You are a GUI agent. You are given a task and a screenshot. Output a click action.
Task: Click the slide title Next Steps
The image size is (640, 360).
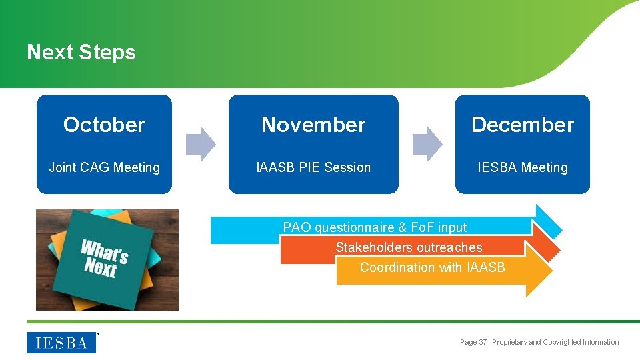click(x=81, y=53)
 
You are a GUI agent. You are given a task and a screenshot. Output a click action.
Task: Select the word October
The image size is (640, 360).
click(x=104, y=125)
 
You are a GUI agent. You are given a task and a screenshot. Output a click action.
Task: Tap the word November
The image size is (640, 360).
click(x=313, y=125)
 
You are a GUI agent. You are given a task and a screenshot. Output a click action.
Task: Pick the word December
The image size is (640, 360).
click(x=523, y=125)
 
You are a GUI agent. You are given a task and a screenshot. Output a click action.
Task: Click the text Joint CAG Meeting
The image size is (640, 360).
click(x=104, y=167)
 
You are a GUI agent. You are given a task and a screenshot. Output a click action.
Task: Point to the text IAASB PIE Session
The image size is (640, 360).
click(x=313, y=167)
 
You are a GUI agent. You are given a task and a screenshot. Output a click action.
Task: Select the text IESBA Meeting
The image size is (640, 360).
click(x=523, y=167)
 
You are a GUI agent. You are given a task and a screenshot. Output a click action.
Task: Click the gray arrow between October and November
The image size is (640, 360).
click(x=200, y=144)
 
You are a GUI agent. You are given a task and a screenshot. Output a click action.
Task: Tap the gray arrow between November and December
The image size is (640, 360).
click(x=427, y=144)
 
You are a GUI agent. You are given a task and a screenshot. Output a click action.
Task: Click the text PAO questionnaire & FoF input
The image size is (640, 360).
click(x=375, y=227)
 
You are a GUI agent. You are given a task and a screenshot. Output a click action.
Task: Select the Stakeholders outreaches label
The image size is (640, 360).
click(x=408, y=247)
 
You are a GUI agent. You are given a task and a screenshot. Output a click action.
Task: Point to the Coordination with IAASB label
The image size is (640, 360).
click(x=432, y=267)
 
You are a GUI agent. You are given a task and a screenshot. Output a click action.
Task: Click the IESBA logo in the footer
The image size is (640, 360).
click(x=61, y=343)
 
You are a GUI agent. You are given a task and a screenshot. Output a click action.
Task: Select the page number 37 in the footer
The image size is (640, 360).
click(x=483, y=342)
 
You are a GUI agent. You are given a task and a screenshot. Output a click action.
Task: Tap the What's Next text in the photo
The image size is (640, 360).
click(x=103, y=259)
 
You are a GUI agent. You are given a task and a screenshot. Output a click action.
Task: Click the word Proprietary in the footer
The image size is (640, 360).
click(x=509, y=342)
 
